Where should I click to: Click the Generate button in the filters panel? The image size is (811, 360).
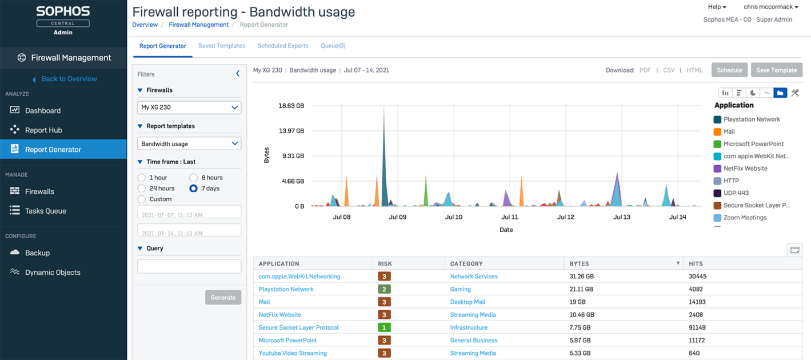(x=223, y=297)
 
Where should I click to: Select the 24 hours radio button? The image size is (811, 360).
(x=142, y=189)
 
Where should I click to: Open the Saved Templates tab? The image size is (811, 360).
(x=222, y=46)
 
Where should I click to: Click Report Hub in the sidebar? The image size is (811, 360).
(x=43, y=130)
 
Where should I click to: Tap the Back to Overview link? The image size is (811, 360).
(x=69, y=79)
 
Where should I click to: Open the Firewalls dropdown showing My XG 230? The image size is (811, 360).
(x=189, y=107)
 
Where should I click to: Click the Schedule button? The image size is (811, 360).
(x=729, y=70)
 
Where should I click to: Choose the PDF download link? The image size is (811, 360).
(x=645, y=70)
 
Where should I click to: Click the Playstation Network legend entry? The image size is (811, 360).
(x=752, y=119)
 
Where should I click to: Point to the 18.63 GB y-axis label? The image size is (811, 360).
(x=291, y=106)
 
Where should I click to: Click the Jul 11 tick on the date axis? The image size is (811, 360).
(x=510, y=217)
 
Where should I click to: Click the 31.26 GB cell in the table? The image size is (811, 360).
(x=581, y=277)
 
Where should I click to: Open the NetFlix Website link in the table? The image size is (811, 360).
(x=280, y=315)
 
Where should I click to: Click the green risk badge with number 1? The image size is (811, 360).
(x=385, y=327)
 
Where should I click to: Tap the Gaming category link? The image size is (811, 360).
(x=461, y=289)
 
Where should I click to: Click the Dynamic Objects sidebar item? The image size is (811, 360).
(x=53, y=273)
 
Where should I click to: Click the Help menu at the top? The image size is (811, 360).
(x=717, y=7)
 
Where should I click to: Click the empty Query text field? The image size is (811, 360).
(x=189, y=266)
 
